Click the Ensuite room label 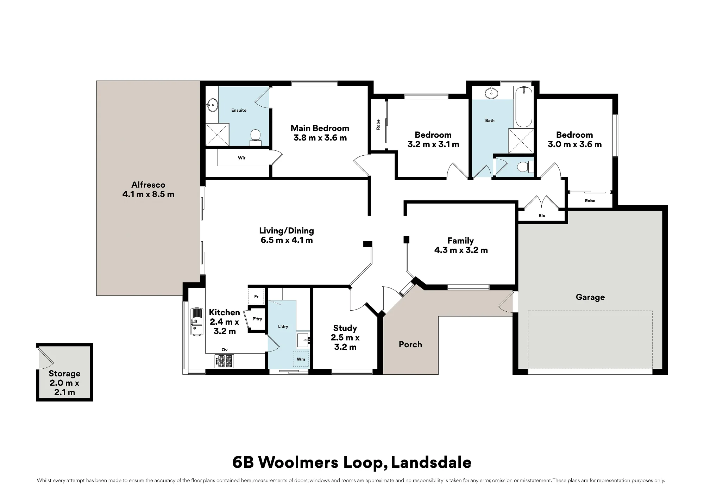pos(239,110)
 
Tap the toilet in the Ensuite pos(255,137)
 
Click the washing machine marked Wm pos(301,359)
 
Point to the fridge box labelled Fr pos(256,297)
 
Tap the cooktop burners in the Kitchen pos(224,361)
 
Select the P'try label pos(257,319)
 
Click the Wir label pos(241,158)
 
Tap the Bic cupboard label pos(542,216)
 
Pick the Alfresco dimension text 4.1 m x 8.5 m pos(148,194)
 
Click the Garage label pos(590,297)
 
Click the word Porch pos(410,344)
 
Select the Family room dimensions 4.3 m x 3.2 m pos(461,250)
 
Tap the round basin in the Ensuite pos(212,105)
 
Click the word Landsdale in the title pos(431,462)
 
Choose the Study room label pos(345,328)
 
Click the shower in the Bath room pos(521,141)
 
